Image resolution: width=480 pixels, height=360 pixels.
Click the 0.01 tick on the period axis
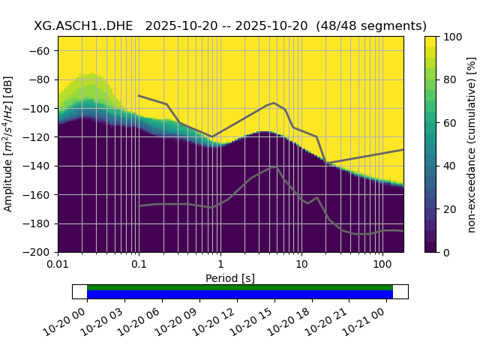(58, 264)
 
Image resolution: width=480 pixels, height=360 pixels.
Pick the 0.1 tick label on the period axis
(139, 264)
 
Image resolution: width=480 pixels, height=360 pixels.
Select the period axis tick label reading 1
(220, 264)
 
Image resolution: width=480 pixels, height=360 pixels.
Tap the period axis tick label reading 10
(301, 264)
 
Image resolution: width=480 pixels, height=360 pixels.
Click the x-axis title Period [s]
(230, 278)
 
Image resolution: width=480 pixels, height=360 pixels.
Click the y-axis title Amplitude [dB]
(9, 144)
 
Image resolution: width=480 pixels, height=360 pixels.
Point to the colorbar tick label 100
(451, 36)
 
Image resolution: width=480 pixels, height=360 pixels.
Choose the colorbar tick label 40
(448, 166)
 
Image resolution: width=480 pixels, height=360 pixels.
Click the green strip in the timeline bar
(240, 287)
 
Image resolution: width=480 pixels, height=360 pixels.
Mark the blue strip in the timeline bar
(240, 294)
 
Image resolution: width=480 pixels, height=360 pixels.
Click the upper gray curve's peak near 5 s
(274, 103)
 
